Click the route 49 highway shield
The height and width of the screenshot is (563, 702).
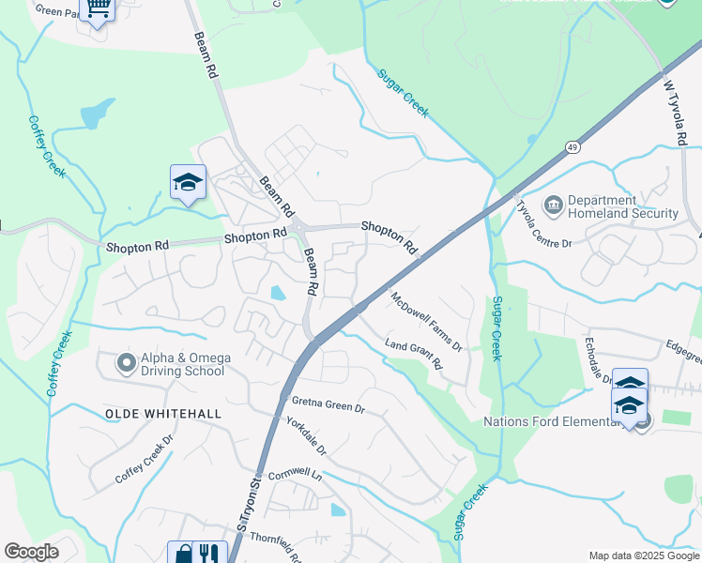click(x=572, y=147)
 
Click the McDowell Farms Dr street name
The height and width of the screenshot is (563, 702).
click(x=427, y=322)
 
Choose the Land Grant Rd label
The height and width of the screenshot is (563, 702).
click(x=413, y=354)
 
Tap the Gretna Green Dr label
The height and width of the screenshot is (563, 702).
click(x=328, y=406)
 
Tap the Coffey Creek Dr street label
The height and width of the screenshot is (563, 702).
click(x=145, y=459)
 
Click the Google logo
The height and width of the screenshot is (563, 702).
click(x=32, y=552)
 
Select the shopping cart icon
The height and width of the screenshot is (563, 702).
click(x=98, y=8)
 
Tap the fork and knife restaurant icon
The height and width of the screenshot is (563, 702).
click(x=210, y=554)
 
